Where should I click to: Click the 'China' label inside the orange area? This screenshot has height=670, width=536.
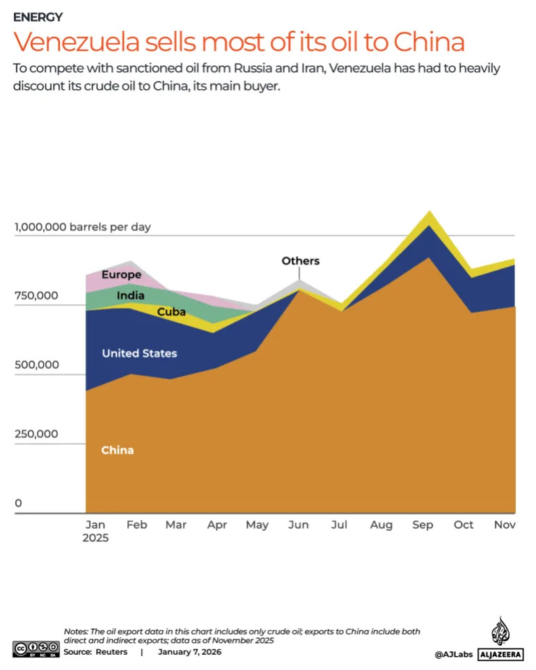click(x=117, y=450)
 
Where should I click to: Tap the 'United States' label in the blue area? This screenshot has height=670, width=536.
click(x=139, y=353)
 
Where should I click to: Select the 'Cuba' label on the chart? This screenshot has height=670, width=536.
click(x=171, y=312)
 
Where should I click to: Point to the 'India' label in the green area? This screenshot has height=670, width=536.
click(x=130, y=295)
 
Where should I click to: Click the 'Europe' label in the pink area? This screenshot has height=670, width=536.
click(x=121, y=274)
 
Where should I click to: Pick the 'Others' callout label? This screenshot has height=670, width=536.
click(x=300, y=260)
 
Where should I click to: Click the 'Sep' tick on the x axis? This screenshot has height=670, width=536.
click(x=423, y=525)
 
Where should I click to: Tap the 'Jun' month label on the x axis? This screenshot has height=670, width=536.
click(x=299, y=525)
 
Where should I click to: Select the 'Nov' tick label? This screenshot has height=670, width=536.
click(x=505, y=525)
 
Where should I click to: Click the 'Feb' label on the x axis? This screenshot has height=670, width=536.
click(x=136, y=525)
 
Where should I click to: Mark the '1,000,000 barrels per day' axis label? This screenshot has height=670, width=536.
click(x=82, y=227)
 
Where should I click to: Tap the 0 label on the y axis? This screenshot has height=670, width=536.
click(x=19, y=503)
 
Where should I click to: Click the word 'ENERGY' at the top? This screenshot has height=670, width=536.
click(x=38, y=17)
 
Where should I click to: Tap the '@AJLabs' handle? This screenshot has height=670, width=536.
click(x=454, y=654)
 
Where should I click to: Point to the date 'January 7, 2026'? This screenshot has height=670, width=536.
click(x=189, y=652)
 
